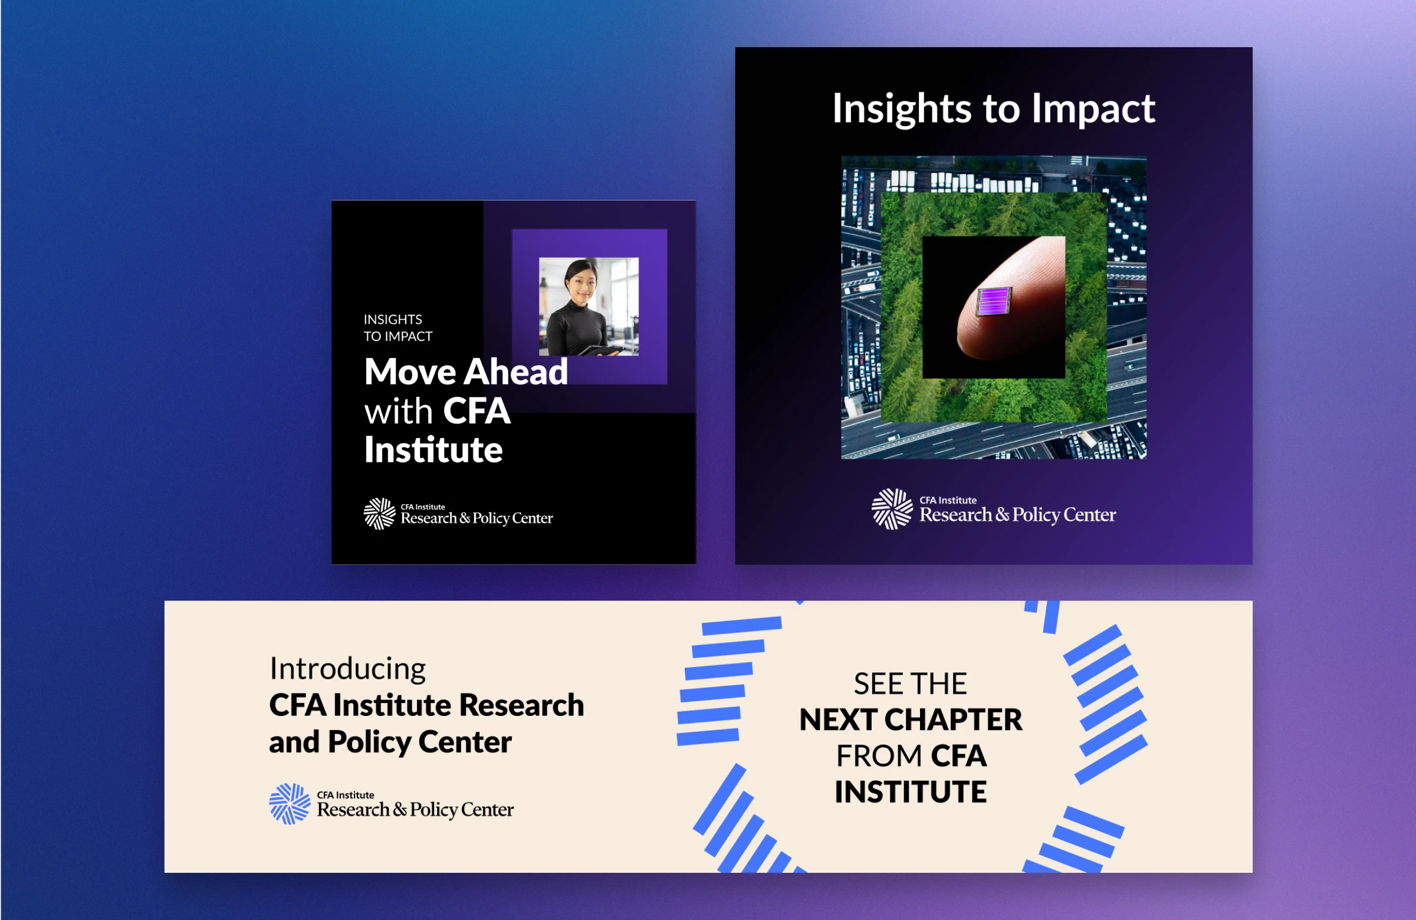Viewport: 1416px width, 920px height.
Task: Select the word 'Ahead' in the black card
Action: (x=516, y=372)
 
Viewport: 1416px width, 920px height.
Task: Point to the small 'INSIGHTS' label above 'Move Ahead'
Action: (x=393, y=320)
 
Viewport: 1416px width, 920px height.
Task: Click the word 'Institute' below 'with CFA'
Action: (x=433, y=450)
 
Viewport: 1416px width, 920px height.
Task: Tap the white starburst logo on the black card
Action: (x=380, y=514)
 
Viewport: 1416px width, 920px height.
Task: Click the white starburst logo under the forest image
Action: (x=892, y=509)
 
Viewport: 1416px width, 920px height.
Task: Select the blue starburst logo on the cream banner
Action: (x=290, y=803)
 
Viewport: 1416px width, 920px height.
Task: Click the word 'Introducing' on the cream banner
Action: (x=348, y=669)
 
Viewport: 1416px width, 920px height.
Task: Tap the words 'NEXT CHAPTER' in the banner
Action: (x=911, y=720)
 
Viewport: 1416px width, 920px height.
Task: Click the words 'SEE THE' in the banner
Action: (x=911, y=684)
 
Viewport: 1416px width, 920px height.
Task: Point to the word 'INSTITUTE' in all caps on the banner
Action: (x=911, y=792)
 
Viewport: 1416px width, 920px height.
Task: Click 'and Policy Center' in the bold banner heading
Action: (x=390, y=742)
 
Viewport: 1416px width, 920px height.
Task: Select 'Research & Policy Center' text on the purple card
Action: (x=1018, y=515)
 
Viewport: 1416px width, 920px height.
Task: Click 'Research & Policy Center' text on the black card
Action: (x=477, y=518)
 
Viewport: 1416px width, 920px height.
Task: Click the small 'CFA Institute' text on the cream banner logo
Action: (x=346, y=795)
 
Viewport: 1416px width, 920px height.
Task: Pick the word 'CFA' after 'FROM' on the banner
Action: (x=959, y=757)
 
